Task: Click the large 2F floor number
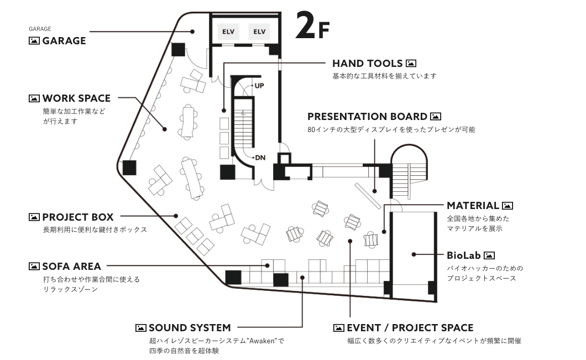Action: coord(312,25)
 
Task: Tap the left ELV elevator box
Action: coord(228,32)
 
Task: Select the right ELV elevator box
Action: coord(259,32)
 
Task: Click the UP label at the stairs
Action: coord(259,86)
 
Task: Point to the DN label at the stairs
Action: coord(260,158)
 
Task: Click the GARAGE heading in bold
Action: coord(64,41)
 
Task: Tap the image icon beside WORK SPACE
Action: coord(34,98)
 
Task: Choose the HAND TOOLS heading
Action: coord(368,63)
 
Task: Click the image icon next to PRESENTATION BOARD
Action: coord(436,116)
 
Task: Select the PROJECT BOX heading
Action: coord(78,217)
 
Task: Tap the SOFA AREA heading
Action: coord(71,266)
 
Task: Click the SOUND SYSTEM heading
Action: coord(190,328)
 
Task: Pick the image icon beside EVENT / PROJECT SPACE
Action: coord(338,328)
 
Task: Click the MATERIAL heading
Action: coord(473,205)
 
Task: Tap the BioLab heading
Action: coord(463,255)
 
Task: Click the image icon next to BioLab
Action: coord(489,255)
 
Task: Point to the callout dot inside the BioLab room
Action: coord(414,254)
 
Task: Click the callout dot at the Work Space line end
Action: coord(164,129)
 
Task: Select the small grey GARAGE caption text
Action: coord(40,29)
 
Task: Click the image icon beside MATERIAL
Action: coord(507,205)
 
